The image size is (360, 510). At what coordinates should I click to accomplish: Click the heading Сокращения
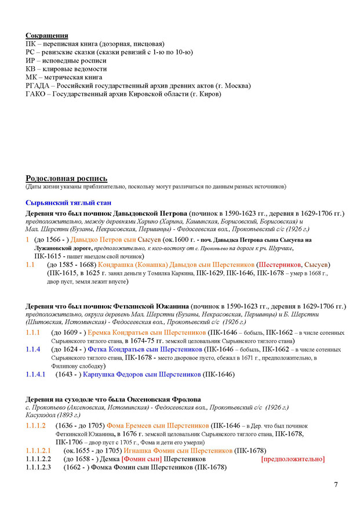[47, 35]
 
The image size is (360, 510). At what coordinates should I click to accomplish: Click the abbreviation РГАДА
[39, 85]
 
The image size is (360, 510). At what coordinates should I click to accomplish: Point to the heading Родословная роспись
[66, 178]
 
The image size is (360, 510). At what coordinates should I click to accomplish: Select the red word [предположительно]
[293, 459]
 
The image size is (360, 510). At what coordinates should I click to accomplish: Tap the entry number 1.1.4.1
[36, 374]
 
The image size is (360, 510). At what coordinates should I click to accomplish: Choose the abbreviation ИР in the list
[31, 60]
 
